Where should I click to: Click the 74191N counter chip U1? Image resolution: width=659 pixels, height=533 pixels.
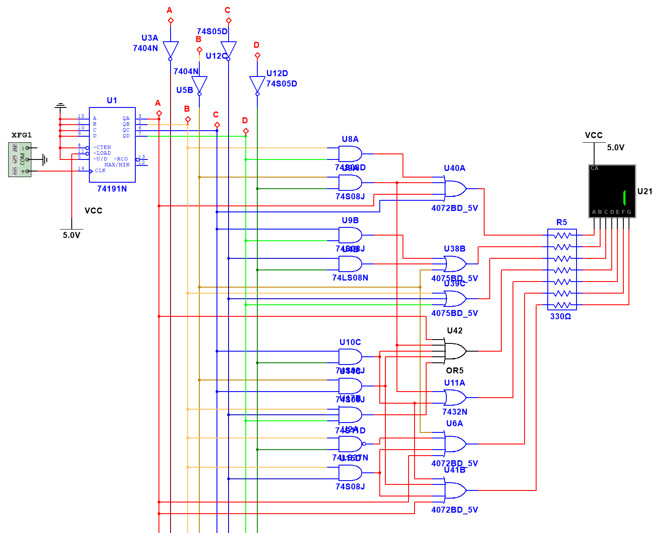point(112,144)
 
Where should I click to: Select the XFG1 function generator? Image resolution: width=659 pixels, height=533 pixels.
point(20,159)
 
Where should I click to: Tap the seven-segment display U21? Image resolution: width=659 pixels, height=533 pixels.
point(611,191)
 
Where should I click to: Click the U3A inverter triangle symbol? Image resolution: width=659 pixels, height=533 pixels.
point(171,49)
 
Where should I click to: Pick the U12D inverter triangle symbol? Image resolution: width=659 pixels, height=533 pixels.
point(257,84)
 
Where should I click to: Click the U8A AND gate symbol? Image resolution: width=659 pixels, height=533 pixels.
point(350,153)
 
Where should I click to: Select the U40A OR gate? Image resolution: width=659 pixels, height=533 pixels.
point(455,188)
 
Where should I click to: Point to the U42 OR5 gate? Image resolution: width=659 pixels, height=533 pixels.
point(455,351)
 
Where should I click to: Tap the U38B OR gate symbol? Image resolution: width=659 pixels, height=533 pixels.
point(455,264)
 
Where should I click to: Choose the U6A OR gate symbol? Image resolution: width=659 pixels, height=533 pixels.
point(455,444)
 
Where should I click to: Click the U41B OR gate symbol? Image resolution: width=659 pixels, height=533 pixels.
point(455,490)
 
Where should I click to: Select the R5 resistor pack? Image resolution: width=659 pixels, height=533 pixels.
point(562,270)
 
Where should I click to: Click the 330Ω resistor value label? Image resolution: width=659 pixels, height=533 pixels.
point(561,317)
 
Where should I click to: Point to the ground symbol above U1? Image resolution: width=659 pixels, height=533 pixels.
point(60,105)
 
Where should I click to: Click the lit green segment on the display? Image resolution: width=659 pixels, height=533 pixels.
point(624,197)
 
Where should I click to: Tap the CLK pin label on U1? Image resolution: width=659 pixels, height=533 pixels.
point(100,171)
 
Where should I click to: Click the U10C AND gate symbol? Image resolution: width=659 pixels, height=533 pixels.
point(350,357)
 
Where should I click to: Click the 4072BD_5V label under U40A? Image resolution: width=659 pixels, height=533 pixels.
point(455,208)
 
